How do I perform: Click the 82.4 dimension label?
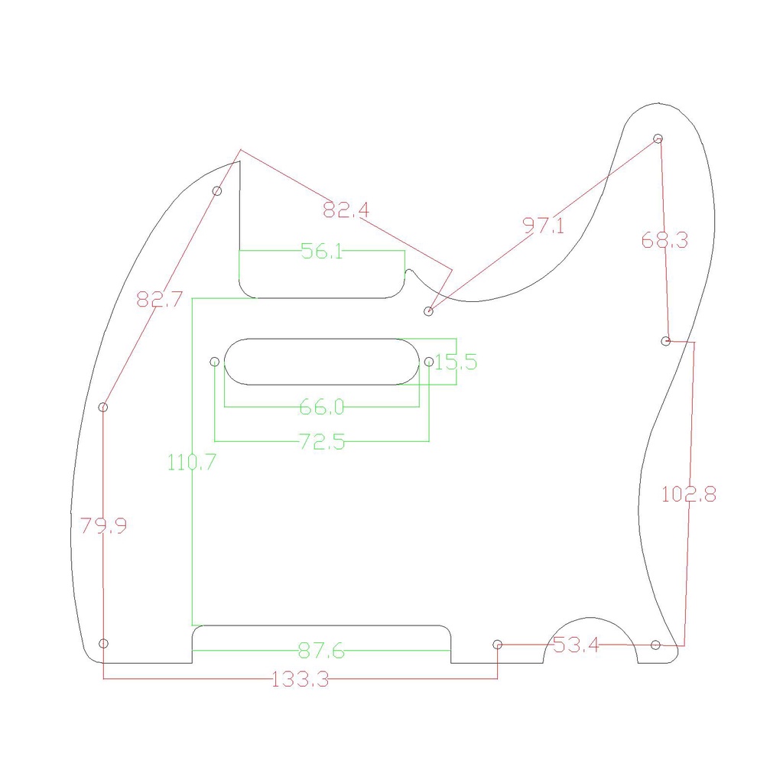pyautogui.click(x=346, y=210)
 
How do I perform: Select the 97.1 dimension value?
pyautogui.click(x=544, y=226)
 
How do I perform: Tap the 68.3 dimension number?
pyautogui.click(x=664, y=240)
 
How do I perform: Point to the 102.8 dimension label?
pyautogui.click(x=689, y=495)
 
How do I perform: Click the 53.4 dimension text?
pyautogui.click(x=576, y=645)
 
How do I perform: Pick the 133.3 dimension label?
pyautogui.click(x=300, y=680)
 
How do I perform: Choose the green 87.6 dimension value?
pyautogui.click(x=321, y=651)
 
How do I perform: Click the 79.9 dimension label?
pyautogui.click(x=103, y=525)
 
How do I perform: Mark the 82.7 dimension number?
pyautogui.click(x=160, y=299)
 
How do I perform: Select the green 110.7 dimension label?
pyautogui.click(x=191, y=463)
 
